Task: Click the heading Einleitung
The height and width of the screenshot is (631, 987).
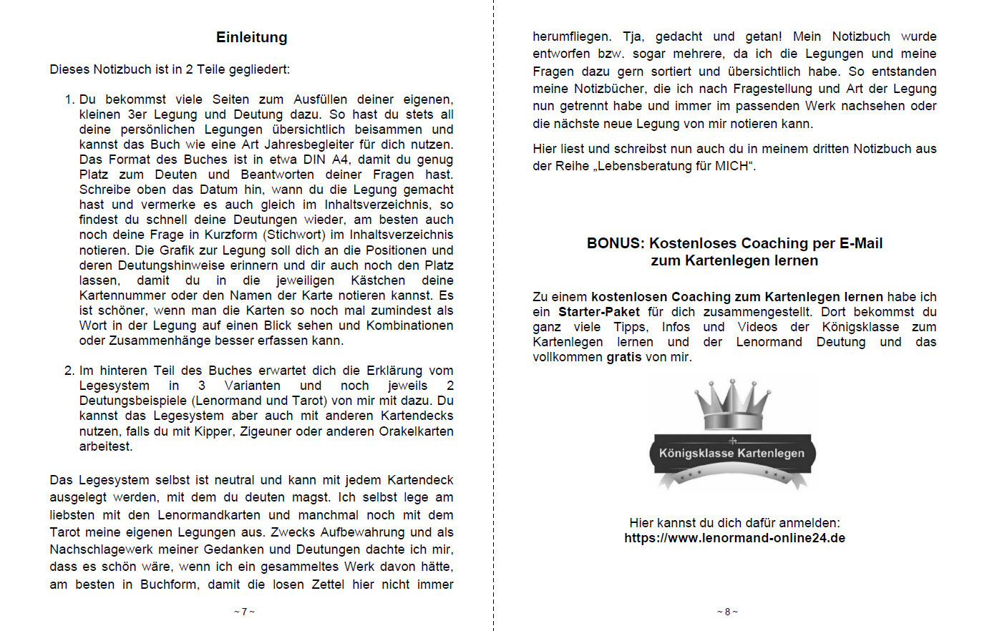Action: [x=251, y=37]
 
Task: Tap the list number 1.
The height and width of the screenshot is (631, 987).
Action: [x=69, y=99]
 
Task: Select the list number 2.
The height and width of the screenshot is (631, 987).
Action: [x=69, y=371]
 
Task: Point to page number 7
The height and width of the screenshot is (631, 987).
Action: [x=244, y=612]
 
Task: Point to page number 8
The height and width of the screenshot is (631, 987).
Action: [x=727, y=612]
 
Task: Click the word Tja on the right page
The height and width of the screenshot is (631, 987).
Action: [x=632, y=36]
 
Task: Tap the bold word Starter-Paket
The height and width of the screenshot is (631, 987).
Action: [x=599, y=312]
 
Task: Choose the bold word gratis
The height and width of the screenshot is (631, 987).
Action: [x=624, y=357]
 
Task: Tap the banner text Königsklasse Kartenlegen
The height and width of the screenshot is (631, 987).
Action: [x=731, y=453]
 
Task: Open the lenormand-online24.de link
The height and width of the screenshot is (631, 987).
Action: [x=734, y=538]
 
